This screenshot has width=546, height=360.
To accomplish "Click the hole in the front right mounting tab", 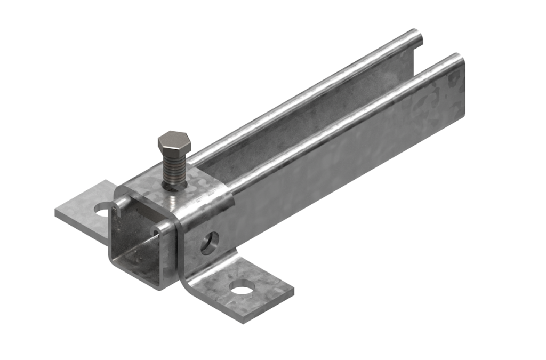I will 243,289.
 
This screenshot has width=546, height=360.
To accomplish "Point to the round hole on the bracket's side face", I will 210,243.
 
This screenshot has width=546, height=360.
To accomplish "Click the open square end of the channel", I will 140,251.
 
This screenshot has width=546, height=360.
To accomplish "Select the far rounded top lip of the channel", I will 304,91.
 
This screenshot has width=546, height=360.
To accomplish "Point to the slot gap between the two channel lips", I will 320,107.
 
